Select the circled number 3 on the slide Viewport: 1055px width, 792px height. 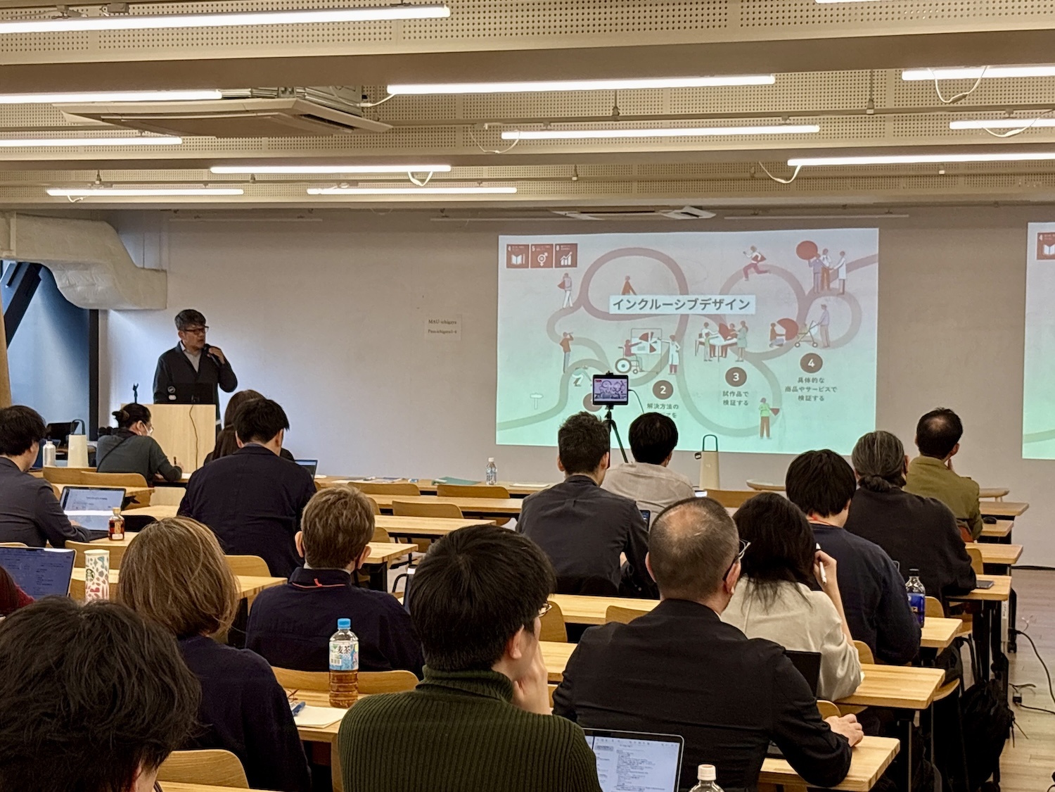(736, 377)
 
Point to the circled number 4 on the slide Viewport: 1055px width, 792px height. (811, 364)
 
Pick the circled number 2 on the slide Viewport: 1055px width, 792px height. (663, 389)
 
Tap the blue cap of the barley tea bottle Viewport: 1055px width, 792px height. (343, 625)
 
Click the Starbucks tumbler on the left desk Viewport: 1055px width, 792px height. (96, 575)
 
